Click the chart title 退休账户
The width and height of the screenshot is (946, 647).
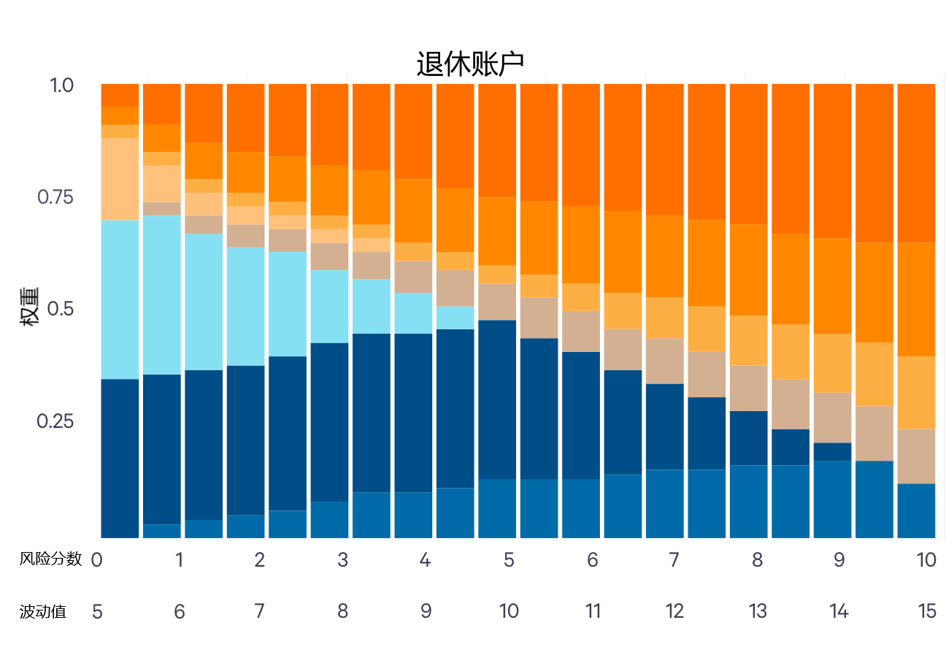click(x=470, y=64)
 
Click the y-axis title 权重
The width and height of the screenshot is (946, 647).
click(x=29, y=312)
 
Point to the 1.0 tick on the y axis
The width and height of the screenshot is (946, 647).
click(x=62, y=85)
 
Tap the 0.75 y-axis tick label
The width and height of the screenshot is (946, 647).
click(x=56, y=197)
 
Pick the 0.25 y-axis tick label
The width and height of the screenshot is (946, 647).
click(x=56, y=421)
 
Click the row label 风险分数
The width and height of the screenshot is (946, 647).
click(x=50, y=559)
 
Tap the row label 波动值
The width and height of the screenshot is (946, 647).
click(x=43, y=612)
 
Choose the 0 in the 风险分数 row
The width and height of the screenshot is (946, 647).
click(x=96, y=560)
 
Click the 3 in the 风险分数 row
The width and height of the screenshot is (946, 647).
click(x=342, y=560)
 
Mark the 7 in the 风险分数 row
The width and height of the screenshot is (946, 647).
click(x=674, y=560)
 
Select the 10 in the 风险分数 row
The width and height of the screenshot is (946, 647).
click(x=926, y=560)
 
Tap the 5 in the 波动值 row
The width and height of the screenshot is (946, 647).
click(x=97, y=612)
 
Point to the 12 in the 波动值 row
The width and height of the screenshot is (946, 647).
click(x=674, y=612)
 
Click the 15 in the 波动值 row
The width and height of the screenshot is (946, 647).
click(x=927, y=612)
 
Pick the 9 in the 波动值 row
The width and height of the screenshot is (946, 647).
click(x=426, y=612)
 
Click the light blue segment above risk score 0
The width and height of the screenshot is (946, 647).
click(x=120, y=299)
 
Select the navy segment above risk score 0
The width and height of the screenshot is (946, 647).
click(x=120, y=458)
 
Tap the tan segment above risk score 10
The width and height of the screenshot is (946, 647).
click(x=916, y=456)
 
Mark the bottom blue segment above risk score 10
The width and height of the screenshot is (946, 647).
click(x=916, y=510)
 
